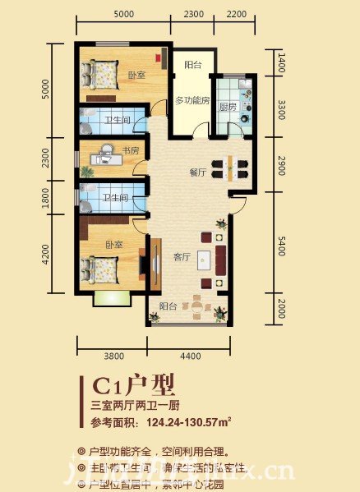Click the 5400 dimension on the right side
pos(282,243)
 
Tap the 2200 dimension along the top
pos(237,14)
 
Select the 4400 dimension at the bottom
pos(191,356)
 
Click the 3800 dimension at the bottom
pos(113,356)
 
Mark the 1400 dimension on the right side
pos(281,59)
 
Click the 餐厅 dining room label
pos(196,172)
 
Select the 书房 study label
pos(131,150)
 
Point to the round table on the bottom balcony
pos(197,306)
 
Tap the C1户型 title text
pos(134,384)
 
